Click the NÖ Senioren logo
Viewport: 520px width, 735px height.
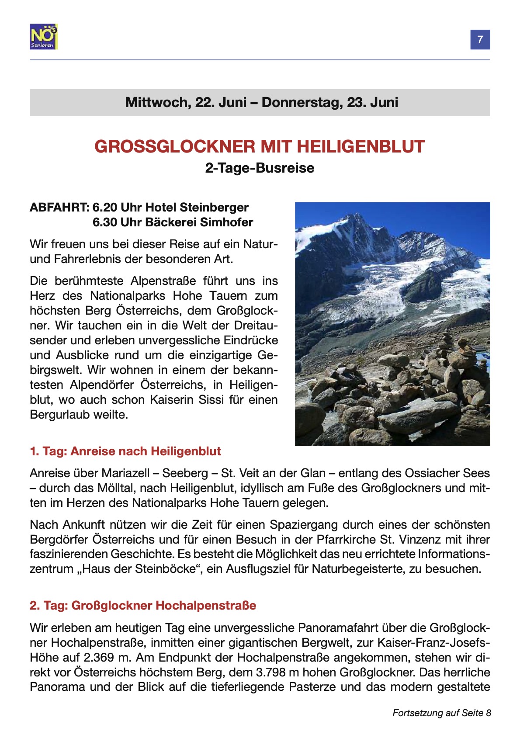coord(44,37)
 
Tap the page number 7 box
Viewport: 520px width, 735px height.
coord(480,40)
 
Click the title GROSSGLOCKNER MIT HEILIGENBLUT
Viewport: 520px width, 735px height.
coord(260,146)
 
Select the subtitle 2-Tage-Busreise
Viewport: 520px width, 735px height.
coord(260,168)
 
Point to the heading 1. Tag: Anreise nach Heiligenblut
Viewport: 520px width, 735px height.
coord(125,451)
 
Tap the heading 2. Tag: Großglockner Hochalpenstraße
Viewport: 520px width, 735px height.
coord(143,606)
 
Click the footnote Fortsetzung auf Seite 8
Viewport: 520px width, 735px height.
coord(441,713)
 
